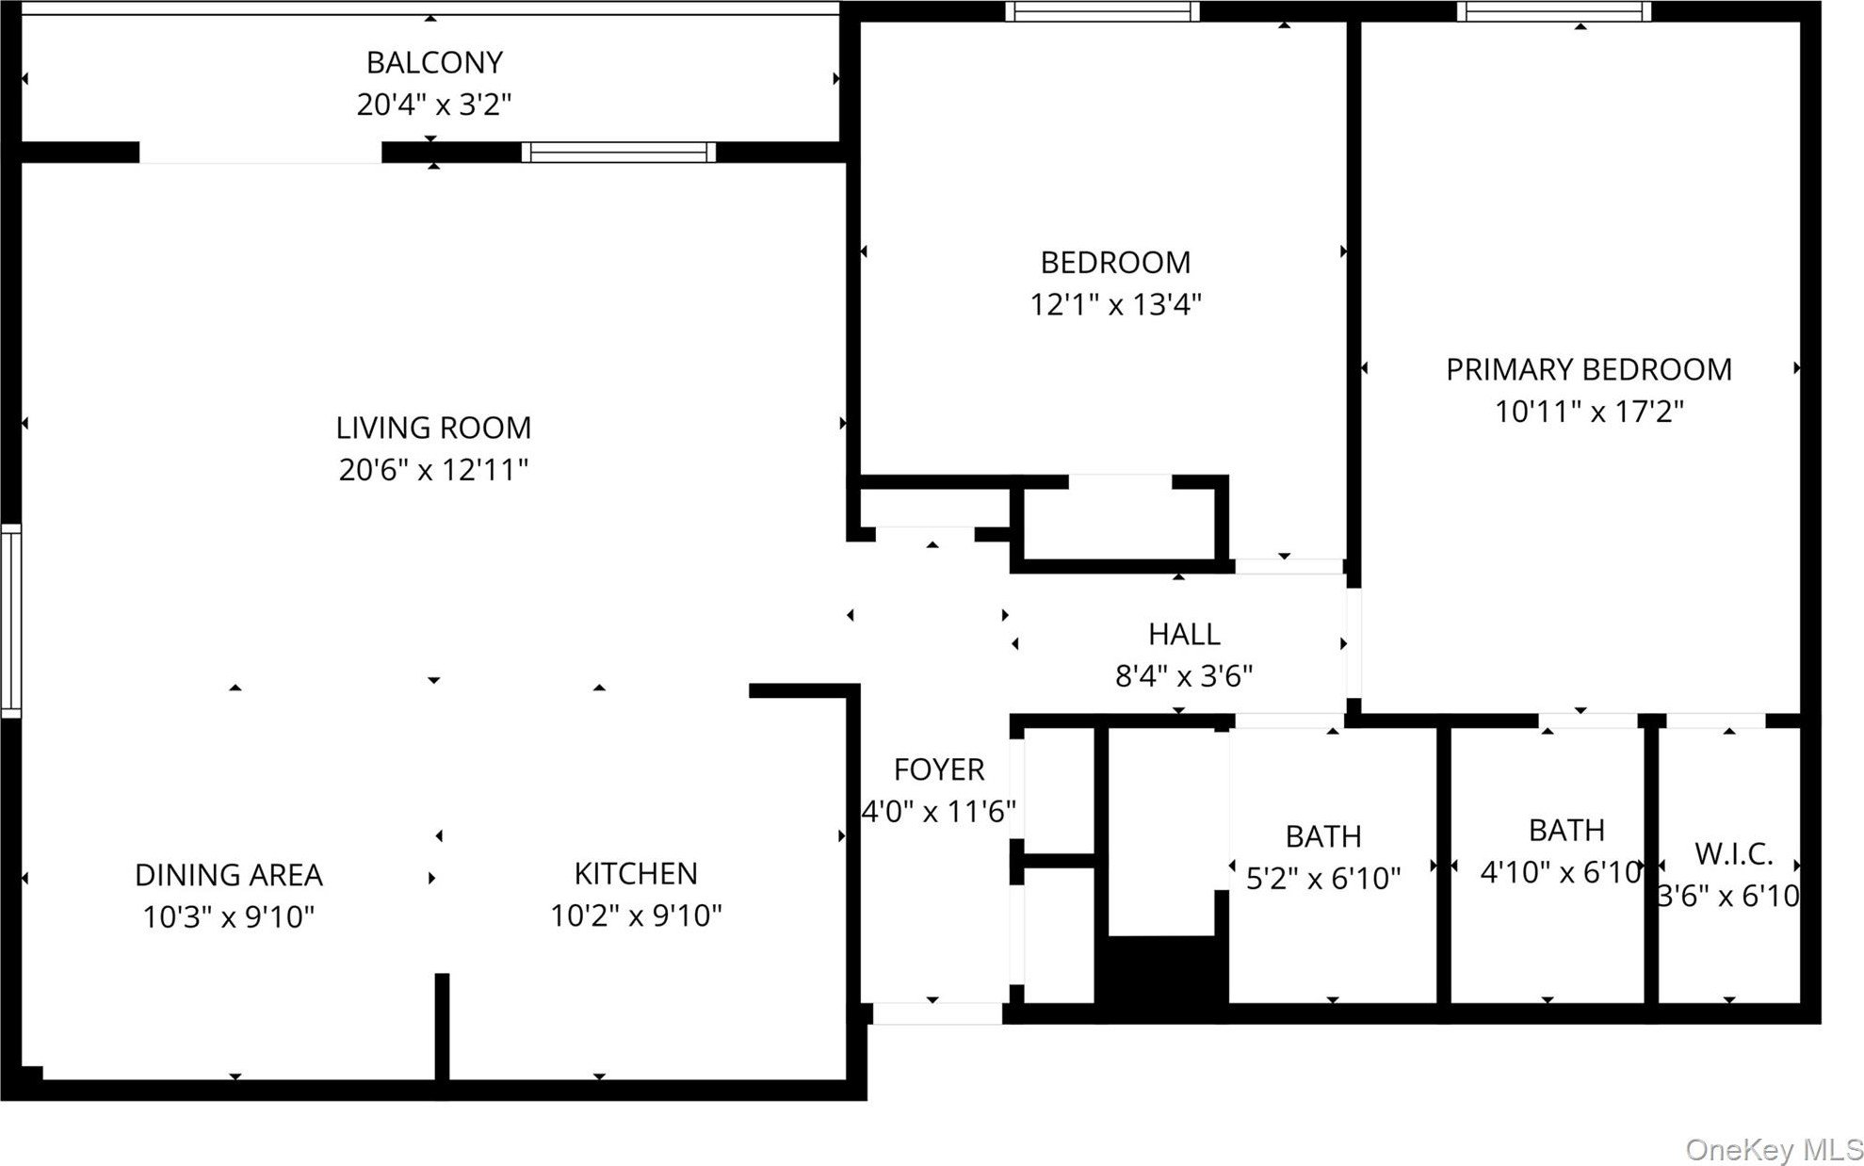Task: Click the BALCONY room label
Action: click(434, 62)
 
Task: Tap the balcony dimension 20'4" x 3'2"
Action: click(434, 104)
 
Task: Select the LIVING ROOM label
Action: click(433, 428)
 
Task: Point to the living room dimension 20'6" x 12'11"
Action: click(433, 469)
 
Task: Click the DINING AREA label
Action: click(229, 875)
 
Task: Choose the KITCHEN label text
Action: click(636, 873)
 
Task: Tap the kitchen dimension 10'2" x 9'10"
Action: click(636, 915)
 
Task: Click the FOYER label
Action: click(939, 769)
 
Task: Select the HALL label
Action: click(1184, 634)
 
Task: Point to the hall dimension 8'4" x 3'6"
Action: click(1184, 675)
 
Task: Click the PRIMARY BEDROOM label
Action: click(1589, 369)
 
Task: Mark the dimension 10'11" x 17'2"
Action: click(1589, 411)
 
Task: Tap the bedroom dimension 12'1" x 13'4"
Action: click(1115, 304)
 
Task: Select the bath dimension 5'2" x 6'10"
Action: click(1323, 878)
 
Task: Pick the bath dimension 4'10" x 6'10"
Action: click(1561, 872)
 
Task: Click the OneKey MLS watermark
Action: click(1774, 1149)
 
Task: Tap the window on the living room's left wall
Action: click(10, 621)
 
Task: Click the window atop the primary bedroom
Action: click(1554, 11)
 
